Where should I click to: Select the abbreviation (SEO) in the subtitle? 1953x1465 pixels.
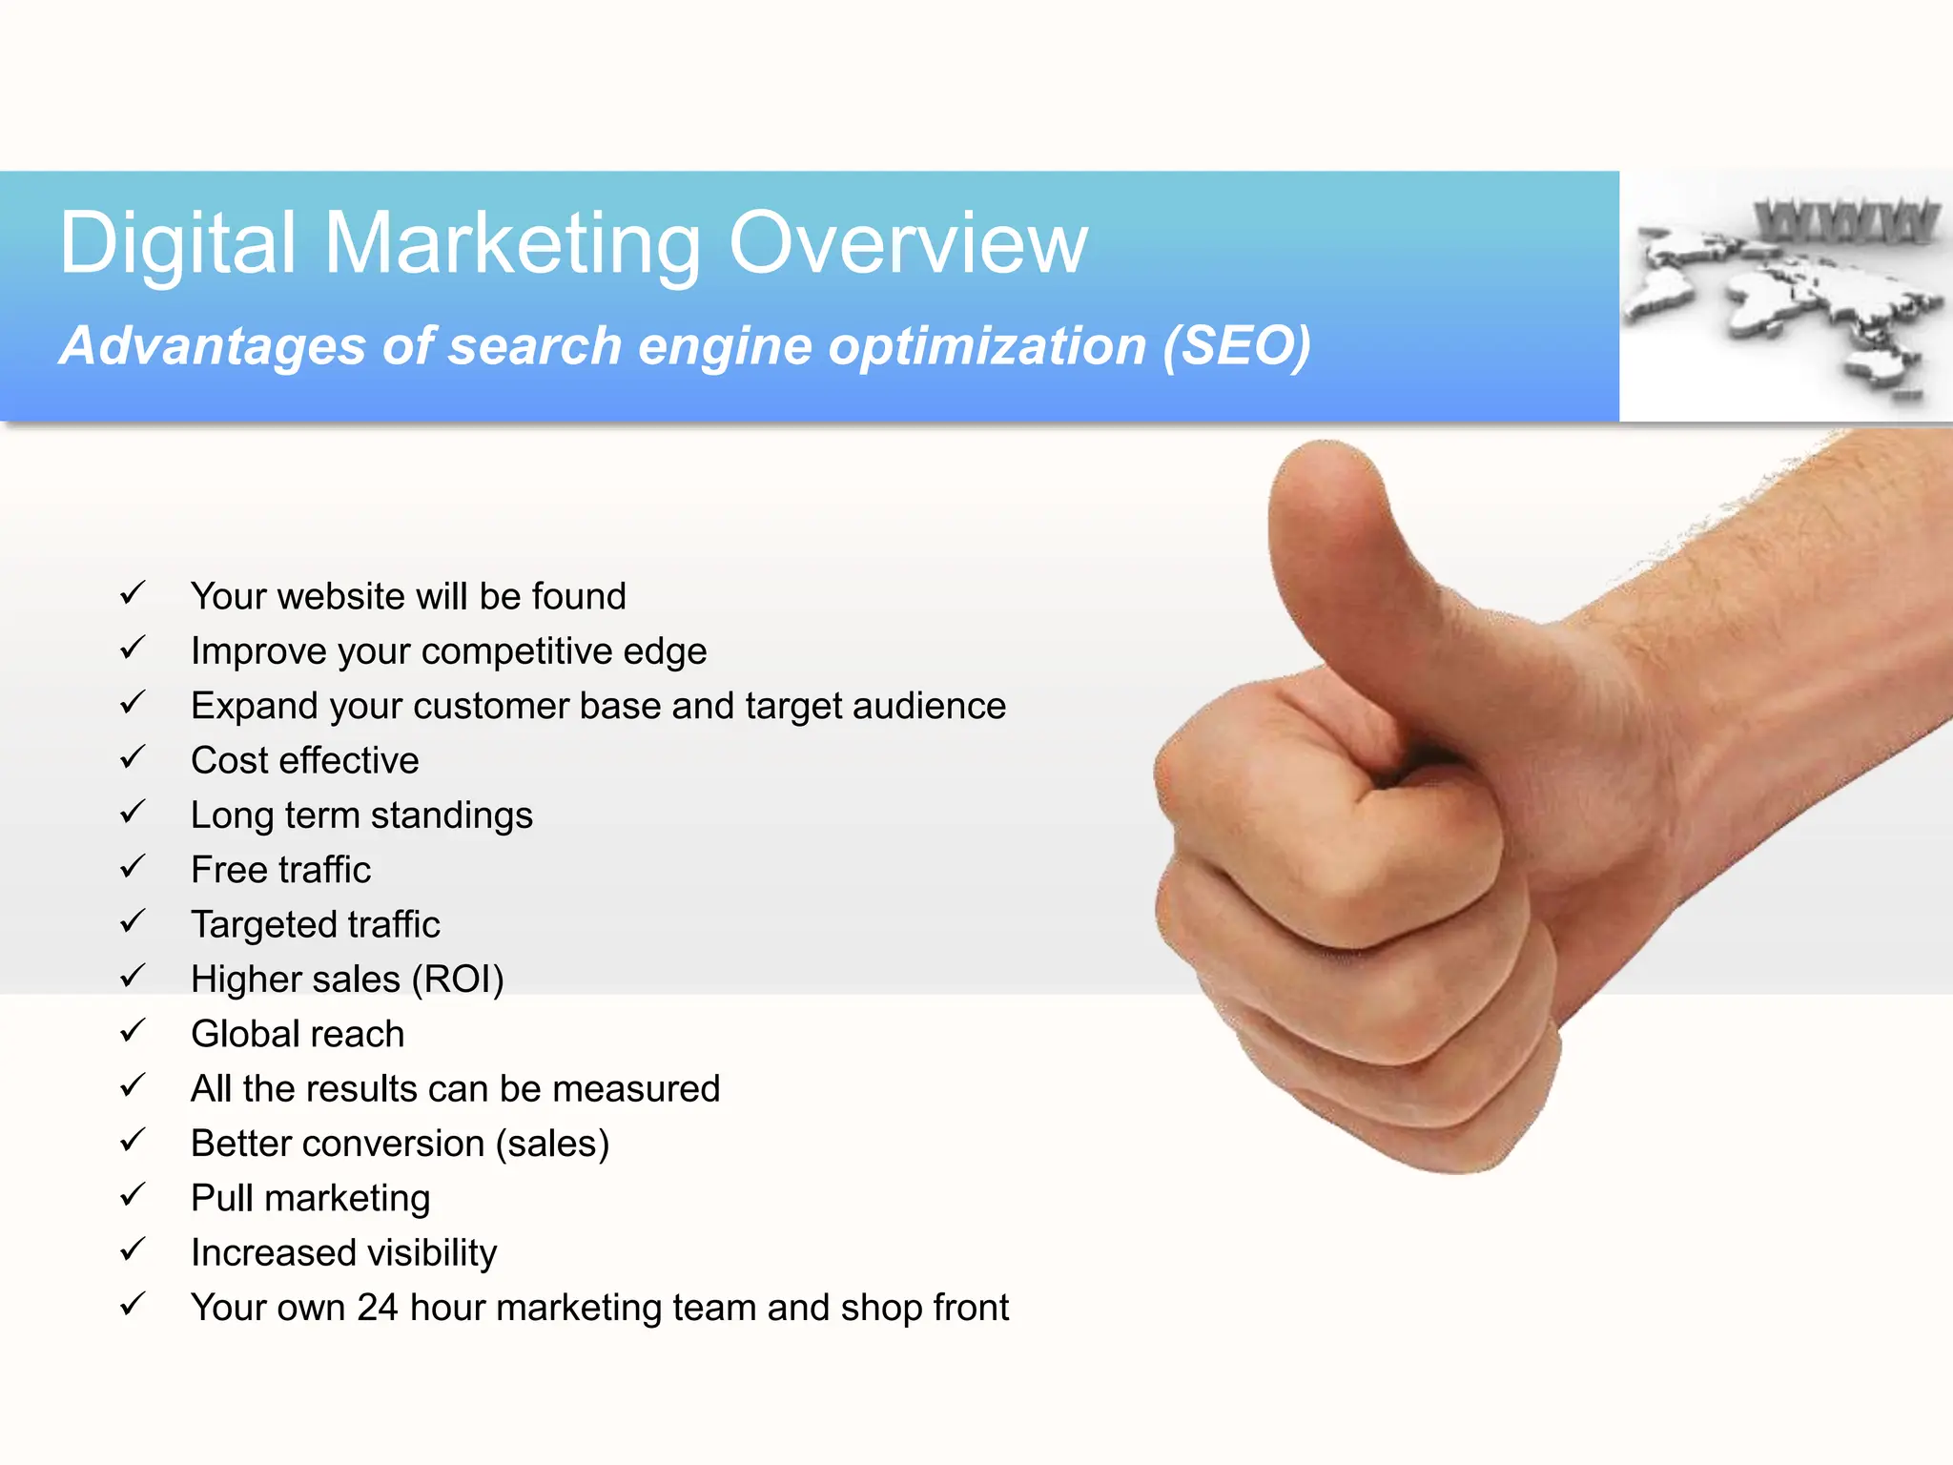point(1236,345)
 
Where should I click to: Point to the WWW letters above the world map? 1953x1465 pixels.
point(1846,221)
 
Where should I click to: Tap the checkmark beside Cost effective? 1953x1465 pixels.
point(133,758)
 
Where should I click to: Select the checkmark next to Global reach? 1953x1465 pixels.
point(133,1032)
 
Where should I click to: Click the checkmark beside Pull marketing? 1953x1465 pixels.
point(133,1196)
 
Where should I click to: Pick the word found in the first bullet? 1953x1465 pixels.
point(579,596)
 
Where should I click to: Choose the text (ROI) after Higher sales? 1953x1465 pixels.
point(457,980)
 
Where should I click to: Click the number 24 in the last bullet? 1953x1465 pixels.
point(377,1308)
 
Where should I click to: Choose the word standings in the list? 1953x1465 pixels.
point(451,816)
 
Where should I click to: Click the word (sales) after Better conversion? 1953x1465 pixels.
point(552,1144)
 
